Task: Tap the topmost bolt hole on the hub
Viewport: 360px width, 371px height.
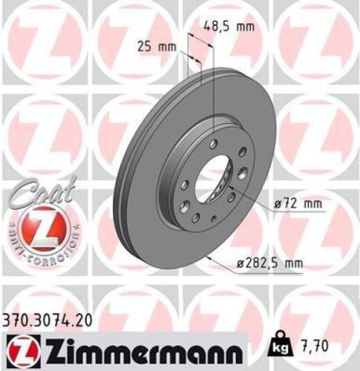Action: [x=213, y=143]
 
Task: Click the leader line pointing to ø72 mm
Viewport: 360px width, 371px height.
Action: [x=249, y=200]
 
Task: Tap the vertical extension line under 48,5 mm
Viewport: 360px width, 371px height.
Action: [x=214, y=89]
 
